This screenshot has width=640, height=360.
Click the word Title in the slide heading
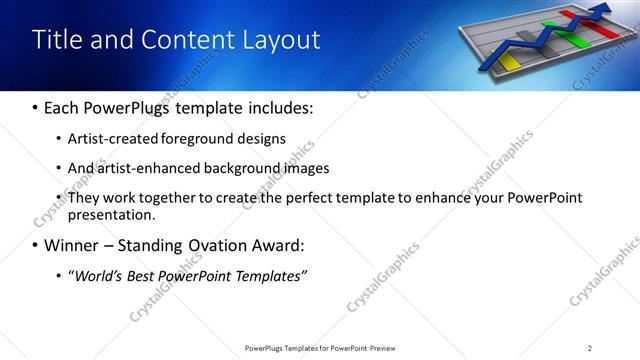[x=57, y=40]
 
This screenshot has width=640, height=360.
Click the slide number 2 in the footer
[x=590, y=348]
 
